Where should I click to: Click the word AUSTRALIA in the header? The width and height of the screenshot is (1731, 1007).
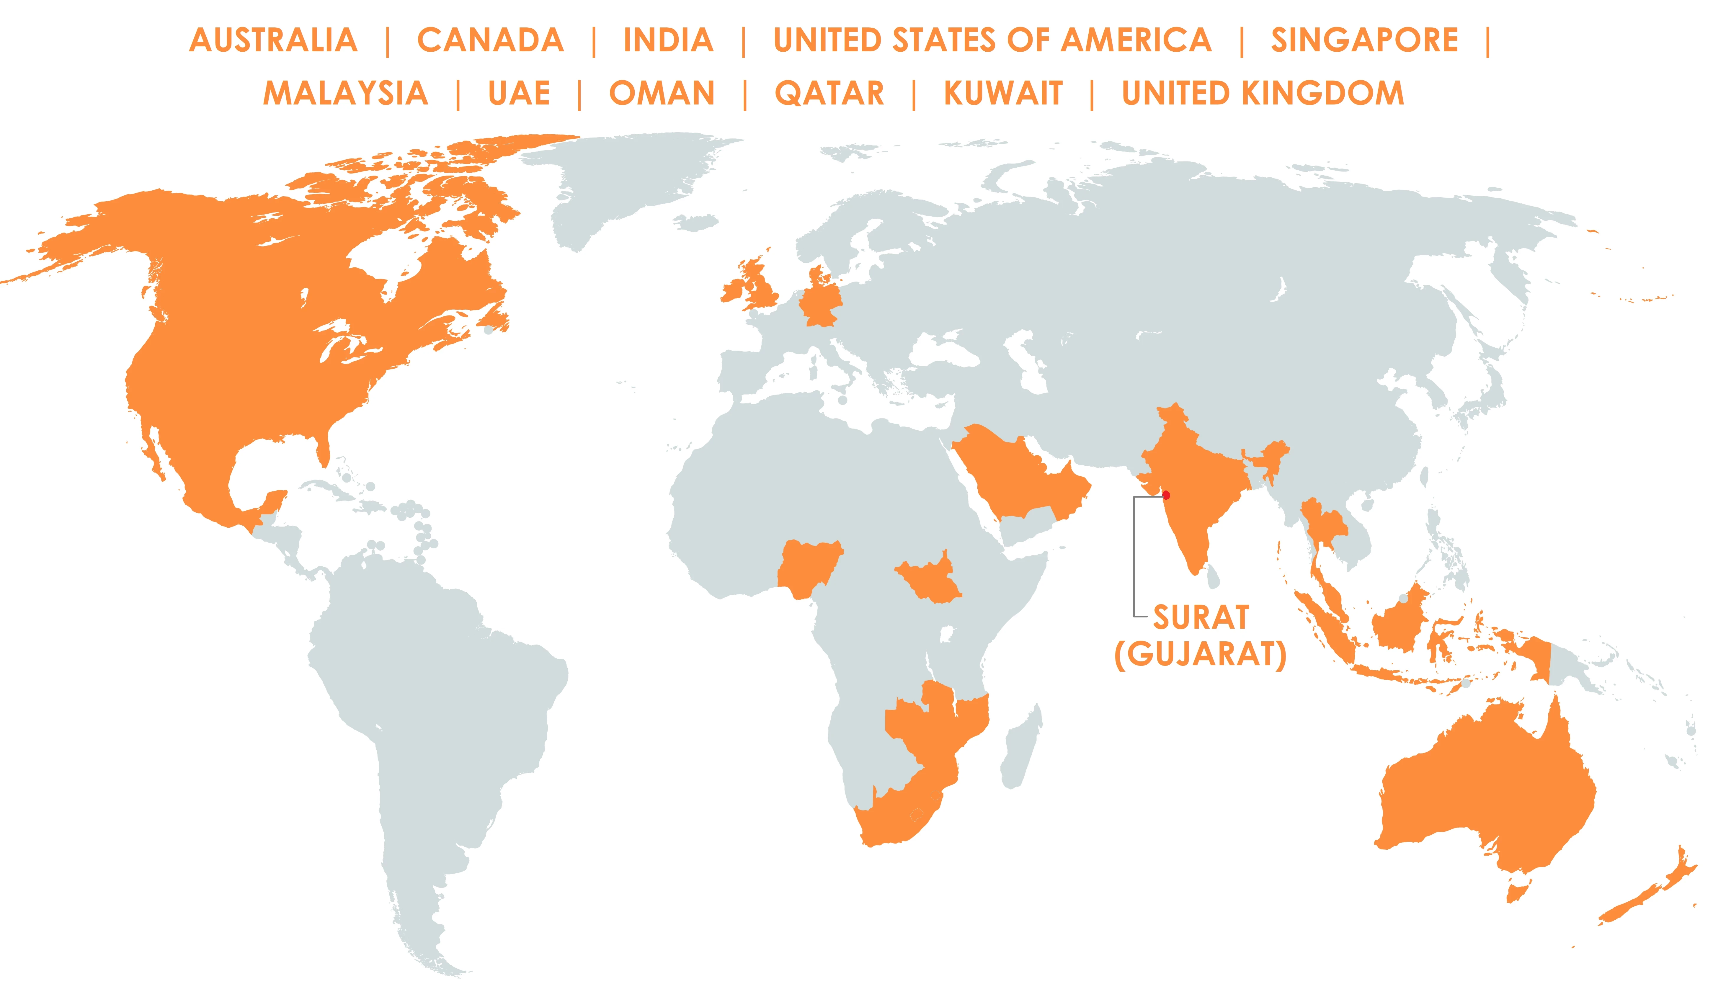click(x=273, y=40)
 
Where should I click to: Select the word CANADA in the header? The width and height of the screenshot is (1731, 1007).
click(x=490, y=40)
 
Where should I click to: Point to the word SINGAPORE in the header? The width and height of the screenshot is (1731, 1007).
click(x=1364, y=40)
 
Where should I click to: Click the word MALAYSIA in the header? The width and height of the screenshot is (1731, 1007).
click(x=345, y=94)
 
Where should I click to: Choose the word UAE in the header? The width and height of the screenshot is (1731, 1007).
click(x=519, y=94)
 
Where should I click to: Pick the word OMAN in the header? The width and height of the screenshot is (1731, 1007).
click(x=662, y=94)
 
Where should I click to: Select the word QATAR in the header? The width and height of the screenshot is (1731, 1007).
click(x=829, y=94)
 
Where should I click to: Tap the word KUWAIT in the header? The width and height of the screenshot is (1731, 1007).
click(x=1003, y=94)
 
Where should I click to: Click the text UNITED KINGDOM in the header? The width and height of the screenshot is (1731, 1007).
click(x=1263, y=94)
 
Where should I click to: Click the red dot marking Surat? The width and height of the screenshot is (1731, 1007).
click(x=1166, y=495)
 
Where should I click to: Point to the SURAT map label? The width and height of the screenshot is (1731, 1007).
click(x=1201, y=617)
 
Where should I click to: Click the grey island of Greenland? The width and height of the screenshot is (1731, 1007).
click(x=618, y=179)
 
